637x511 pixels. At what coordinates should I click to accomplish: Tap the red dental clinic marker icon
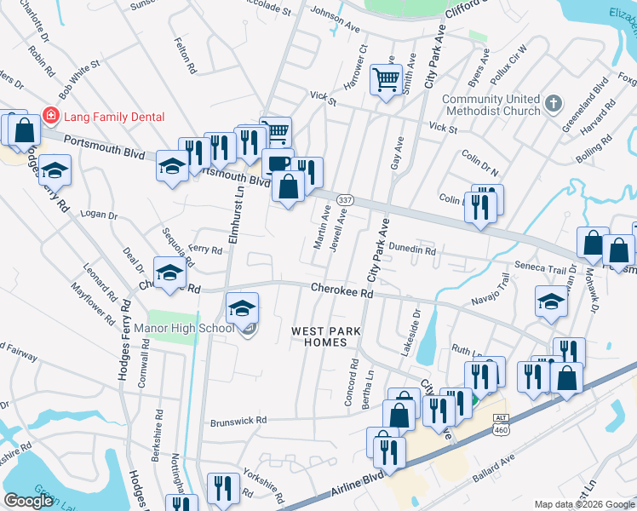51,116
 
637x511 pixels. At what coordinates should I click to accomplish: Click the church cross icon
554,104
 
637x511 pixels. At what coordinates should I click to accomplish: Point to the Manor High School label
183,328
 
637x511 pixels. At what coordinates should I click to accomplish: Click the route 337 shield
344,198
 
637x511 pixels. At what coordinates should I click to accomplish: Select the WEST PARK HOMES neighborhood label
319,336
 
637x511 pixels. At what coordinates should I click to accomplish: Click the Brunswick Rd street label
238,421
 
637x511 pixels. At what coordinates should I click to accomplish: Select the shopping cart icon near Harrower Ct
386,80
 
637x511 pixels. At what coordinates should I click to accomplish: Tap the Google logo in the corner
28,501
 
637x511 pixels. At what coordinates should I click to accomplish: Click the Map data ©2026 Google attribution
584,504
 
